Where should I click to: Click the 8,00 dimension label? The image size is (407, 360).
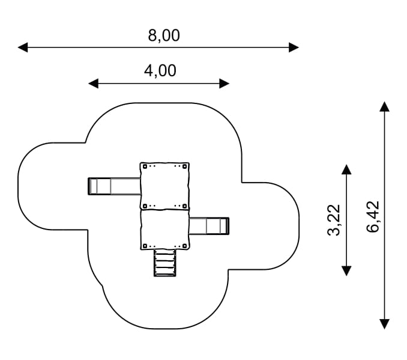pos(164,35)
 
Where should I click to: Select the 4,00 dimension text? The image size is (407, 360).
pos(160,71)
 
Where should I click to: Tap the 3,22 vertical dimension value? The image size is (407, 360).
pos(334,220)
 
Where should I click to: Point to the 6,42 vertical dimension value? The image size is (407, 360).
pos(373,216)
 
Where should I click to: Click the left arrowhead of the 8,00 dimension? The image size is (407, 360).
pos(23,47)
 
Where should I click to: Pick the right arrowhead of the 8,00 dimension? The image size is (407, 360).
pos(294,47)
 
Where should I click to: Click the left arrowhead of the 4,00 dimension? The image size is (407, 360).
pos(94,84)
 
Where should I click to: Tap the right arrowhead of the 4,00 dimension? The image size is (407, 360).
pos(225,84)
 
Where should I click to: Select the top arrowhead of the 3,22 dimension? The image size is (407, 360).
pos(346,169)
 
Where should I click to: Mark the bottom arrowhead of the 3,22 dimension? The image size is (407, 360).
pos(346,271)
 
